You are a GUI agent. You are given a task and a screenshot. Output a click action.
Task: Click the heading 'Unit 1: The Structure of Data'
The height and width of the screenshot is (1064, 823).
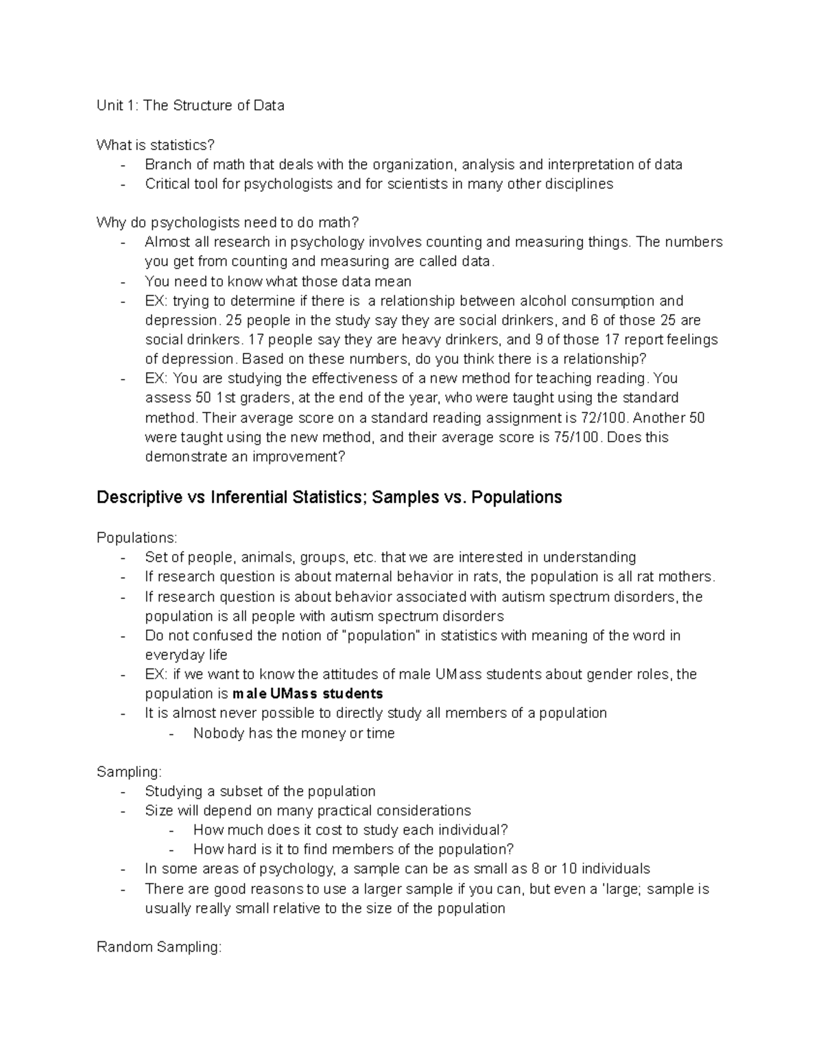coord(190,106)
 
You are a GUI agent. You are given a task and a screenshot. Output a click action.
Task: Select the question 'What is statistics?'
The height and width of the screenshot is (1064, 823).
coord(156,145)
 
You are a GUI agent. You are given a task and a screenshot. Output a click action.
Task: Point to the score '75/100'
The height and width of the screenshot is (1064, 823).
coord(575,437)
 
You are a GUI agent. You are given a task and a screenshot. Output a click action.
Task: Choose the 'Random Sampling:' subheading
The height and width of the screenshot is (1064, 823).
coord(159,948)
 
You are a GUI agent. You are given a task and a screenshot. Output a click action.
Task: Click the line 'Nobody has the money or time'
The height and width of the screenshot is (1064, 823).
coord(294,733)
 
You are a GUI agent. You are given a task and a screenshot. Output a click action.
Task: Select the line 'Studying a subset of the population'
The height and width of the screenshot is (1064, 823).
coord(260,791)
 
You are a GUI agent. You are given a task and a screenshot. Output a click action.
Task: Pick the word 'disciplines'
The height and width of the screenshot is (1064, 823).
coord(579,184)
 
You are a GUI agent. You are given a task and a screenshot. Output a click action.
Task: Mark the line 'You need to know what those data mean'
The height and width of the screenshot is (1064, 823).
coord(278,281)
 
